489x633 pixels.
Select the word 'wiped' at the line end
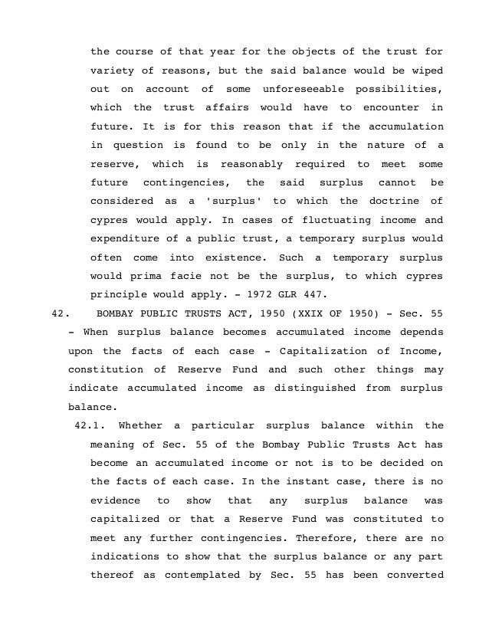click(428, 70)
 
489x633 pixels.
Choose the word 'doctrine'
click(392, 199)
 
